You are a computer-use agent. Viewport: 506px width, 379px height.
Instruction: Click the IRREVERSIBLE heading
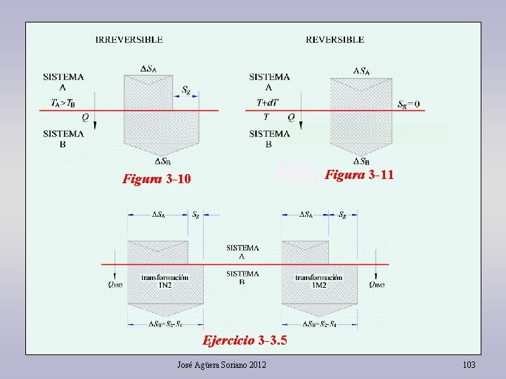(129, 40)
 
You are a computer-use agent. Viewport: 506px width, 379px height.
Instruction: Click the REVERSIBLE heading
(335, 40)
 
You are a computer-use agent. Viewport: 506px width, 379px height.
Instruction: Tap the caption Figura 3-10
(156, 179)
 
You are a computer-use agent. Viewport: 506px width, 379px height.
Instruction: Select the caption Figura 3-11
(358, 175)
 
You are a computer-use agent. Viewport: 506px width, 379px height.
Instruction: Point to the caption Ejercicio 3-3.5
(245, 341)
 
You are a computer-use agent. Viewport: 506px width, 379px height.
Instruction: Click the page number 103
(469, 365)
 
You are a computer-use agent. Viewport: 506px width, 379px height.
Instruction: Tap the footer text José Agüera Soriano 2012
(221, 365)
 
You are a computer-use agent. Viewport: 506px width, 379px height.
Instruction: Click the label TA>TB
(63, 103)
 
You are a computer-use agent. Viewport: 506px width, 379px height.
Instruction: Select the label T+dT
(267, 102)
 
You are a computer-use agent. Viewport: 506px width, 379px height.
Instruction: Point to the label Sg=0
(408, 105)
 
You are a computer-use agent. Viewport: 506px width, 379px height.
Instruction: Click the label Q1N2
(116, 285)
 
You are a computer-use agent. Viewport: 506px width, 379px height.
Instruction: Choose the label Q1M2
(377, 285)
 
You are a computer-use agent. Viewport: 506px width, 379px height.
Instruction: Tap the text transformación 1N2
(164, 281)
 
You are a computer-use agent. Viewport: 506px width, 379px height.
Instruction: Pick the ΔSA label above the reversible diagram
(361, 70)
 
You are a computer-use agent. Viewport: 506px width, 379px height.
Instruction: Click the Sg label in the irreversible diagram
(186, 90)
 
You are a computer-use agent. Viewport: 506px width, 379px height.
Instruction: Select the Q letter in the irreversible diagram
(85, 117)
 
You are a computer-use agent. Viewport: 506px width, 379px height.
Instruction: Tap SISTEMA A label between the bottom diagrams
(242, 252)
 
